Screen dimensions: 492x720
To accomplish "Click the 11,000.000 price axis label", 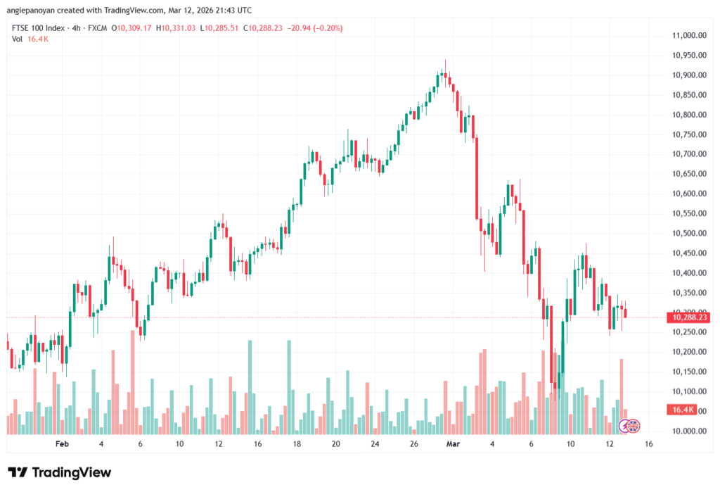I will pos(688,35).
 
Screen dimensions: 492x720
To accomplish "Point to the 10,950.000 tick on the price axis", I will pos(688,55).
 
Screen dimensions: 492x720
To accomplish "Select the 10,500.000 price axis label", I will pos(688,233).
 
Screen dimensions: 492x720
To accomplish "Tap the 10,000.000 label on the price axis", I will pos(688,431).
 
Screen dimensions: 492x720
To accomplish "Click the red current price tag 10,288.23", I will pos(690,317).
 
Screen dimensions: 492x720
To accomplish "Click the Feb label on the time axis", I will pos(62,444).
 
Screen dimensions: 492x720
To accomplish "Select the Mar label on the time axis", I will pos(454,444).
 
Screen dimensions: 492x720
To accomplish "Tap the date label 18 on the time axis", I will pos(297,444).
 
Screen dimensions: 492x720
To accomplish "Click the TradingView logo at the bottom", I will pos(59,472).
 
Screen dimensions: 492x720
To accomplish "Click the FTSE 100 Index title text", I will pos(39,28).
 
